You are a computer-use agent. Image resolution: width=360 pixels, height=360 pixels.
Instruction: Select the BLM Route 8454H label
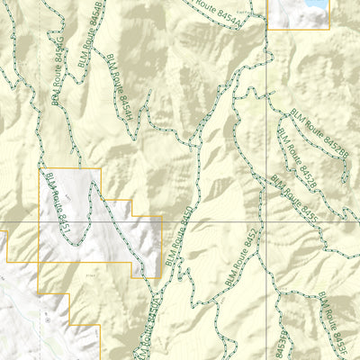(x=120, y=85)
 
